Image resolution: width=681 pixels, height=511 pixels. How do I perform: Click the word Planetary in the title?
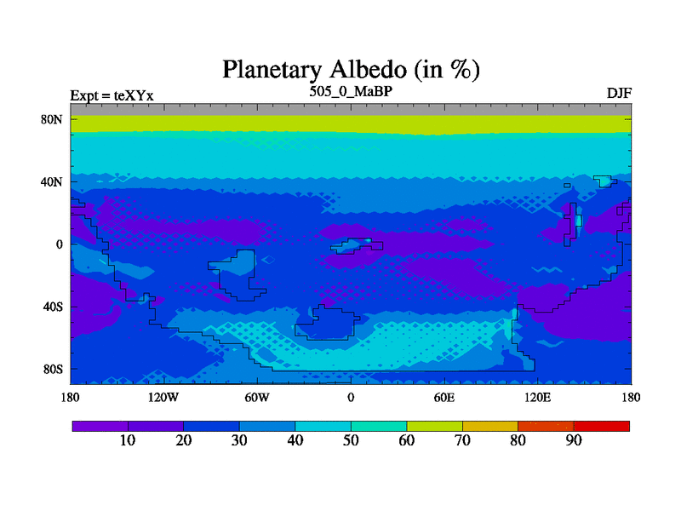[x=272, y=70]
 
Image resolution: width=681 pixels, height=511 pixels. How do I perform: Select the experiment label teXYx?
[x=134, y=95]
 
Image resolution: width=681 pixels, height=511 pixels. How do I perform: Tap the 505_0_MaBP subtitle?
[x=351, y=91]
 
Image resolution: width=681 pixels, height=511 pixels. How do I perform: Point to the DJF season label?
[x=619, y=93]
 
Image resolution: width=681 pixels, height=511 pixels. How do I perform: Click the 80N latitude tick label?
[x=52, y=119]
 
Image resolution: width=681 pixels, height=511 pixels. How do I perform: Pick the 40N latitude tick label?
[x=52, y=181]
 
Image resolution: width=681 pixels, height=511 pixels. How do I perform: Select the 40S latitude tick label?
[x=53, y=307]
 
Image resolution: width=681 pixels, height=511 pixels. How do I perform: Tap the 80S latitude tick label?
[x=53, y=370]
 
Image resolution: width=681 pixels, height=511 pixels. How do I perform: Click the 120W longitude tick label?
[x=163, y=397]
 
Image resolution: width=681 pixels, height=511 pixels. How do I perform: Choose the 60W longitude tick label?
[x=257, y=397]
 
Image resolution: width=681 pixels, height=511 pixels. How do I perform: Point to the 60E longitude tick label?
[x=444, y=397]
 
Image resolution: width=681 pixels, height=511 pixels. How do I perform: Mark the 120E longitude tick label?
[x=538, y=397]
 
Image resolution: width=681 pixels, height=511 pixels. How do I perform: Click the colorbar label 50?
[x=351, y=440]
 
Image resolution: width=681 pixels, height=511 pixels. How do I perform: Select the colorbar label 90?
[x=574, y=440]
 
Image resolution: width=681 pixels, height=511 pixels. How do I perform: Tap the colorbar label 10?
[x=128, y=440]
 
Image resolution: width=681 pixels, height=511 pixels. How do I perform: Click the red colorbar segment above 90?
[x=602, y=426]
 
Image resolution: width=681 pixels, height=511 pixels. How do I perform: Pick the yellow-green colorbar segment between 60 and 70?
[x=435, y=426]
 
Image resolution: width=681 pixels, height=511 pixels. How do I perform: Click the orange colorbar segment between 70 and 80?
[x=490, y=426]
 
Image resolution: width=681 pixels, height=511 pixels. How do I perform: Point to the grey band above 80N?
[x=351, y=110]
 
